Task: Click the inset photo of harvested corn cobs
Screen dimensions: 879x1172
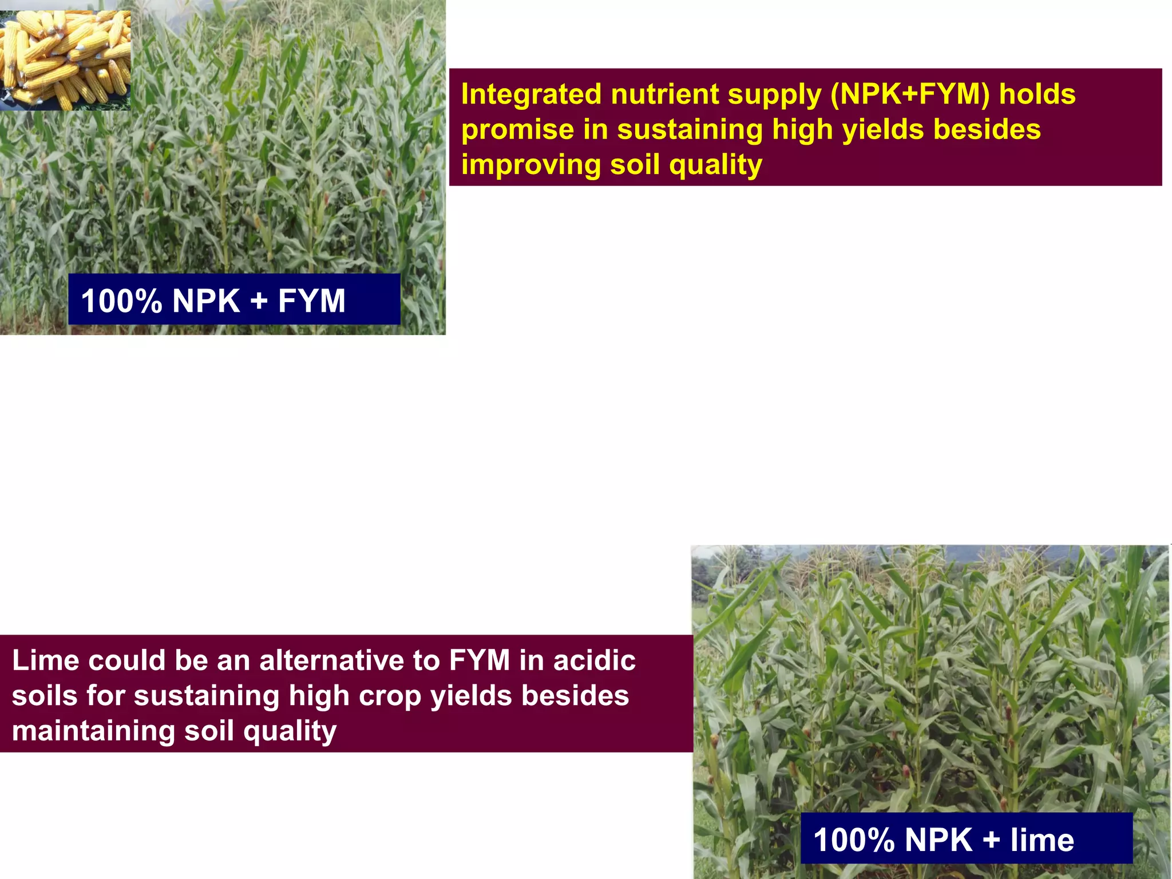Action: point(65,60)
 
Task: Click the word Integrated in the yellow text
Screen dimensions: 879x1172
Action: point(531,94)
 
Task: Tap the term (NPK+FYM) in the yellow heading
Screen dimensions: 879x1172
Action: point(910,94)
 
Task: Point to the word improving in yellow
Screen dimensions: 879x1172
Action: point(530,165)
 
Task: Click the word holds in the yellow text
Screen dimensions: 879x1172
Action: point(1037,94)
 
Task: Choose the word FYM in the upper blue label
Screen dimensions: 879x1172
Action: point(312,301)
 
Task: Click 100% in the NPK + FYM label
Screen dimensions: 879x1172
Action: point(121,301)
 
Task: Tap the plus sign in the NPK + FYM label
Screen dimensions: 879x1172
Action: point(259,301)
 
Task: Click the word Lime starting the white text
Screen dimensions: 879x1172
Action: point(45,660)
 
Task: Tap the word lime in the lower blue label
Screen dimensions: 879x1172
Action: point(1042,840)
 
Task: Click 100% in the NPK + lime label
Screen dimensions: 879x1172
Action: point(854,840)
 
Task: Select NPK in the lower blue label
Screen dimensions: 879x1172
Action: point(939,840)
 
